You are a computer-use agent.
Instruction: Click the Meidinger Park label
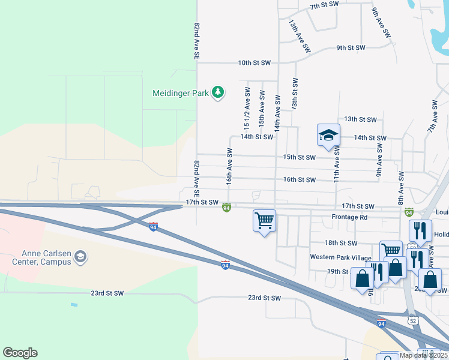(180, 93)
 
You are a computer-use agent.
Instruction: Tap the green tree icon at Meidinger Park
(218, 92)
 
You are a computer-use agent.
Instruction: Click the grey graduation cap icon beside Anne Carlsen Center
(80, 257)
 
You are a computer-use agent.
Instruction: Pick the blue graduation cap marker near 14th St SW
(329, 136)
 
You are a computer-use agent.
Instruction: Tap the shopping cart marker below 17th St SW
(264, 221)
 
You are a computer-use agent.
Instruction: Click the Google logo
(20, 353)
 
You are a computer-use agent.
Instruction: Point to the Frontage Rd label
(348, 217)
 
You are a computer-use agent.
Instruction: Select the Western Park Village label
(340, 257)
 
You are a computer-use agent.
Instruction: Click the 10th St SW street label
(255, 62)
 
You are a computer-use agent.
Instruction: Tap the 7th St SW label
(324, 4)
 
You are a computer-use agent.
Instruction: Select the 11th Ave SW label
(337, 167)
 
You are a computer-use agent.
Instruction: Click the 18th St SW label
(340, 243)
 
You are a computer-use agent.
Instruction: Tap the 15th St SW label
(299, 158)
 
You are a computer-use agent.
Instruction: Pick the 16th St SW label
(299, 180)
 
